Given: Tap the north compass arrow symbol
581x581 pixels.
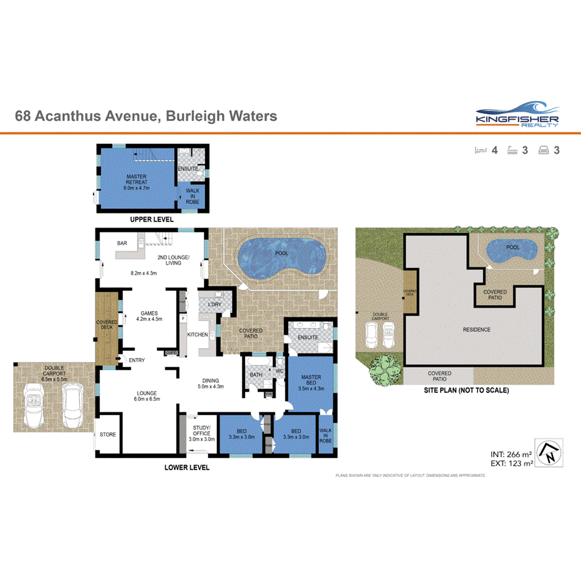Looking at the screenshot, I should (x=550, y=453).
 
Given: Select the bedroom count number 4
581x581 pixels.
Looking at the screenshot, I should (x=494, y=150).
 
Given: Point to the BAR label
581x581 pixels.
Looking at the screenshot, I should (x=123, y=243).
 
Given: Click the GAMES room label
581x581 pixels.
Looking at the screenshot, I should (x=148, y=314).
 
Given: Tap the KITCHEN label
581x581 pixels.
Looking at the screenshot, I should (x=198, y=335).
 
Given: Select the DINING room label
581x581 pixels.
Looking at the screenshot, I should (x=210, y=380).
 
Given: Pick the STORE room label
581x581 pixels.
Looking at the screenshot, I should (x=108, y=434).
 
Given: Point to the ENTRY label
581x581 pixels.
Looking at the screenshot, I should (x=137, y=360).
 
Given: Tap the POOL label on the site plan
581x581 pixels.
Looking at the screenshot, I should (x=512, y=247).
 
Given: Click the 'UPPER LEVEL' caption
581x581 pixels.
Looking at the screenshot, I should (x=151, y=220).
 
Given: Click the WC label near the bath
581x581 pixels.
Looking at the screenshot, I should (x=280, y=372).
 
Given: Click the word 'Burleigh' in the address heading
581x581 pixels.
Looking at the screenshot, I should (x=194, y=116).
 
